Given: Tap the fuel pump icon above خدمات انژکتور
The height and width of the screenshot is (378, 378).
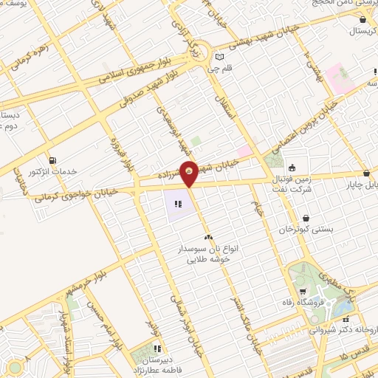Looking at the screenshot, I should point(52,160).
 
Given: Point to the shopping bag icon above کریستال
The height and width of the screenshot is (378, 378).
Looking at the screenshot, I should point(362,19).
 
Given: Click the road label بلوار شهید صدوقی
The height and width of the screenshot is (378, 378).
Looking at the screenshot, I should point(145,100).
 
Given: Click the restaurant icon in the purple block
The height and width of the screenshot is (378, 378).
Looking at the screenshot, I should point(178,204).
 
